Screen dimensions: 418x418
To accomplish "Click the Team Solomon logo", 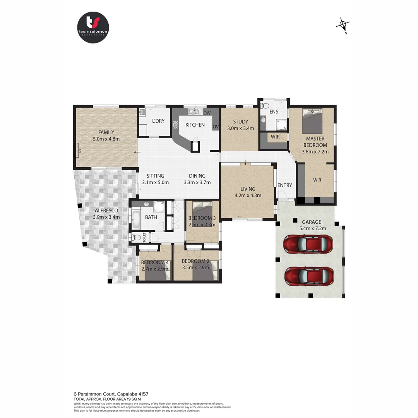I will [93, 27].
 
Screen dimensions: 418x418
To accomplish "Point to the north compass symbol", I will [343, 25].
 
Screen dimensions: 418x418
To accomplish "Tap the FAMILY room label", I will [106, 132].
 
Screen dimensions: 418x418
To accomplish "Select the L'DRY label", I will [158, 121].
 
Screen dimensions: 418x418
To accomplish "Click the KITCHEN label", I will [195, 125].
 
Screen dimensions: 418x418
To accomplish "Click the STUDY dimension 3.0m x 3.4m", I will [240, 128].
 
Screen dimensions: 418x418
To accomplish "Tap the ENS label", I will [274, 112].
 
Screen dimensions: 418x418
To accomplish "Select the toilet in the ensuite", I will [265, 105].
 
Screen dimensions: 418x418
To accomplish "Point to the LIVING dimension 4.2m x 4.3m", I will [248, 195].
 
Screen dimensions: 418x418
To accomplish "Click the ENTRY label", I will [284, 185].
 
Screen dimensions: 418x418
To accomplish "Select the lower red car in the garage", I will [308, 276].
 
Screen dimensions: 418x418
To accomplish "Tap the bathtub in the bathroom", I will [136, 219].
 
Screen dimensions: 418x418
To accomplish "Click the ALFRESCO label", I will [105, 211].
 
